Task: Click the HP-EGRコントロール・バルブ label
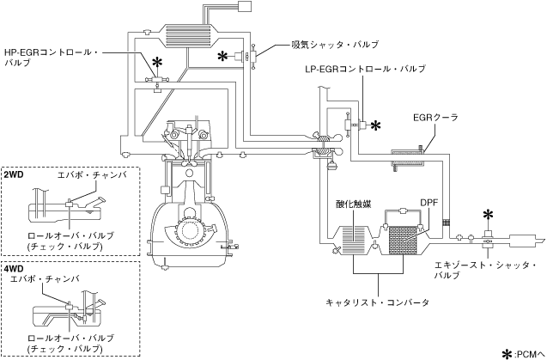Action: tap(51, 58)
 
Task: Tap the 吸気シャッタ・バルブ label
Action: tap(335, 45)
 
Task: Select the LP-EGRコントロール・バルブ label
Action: tap(365, 69)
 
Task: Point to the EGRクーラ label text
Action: tap(435, 118)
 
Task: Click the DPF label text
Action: tap(428, 203)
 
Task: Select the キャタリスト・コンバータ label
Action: tap(378, 302)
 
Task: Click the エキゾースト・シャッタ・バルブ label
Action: tap(485, 271)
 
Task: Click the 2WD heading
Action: tap(14, 174)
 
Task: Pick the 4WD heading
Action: tap(14, 269)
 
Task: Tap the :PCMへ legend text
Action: tap(530, 354)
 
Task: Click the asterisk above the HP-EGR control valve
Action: tap(158, 63)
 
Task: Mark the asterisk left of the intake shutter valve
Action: tap(223, 56)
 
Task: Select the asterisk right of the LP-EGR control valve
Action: tap(375, 125)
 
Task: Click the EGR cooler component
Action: tap(407, 158)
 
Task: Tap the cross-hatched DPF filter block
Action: tap(403, 240)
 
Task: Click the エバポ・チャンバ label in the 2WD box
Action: tap(93, 175)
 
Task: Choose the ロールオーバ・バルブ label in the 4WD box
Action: tap(70, 339)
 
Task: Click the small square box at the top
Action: tap(244, 6)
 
